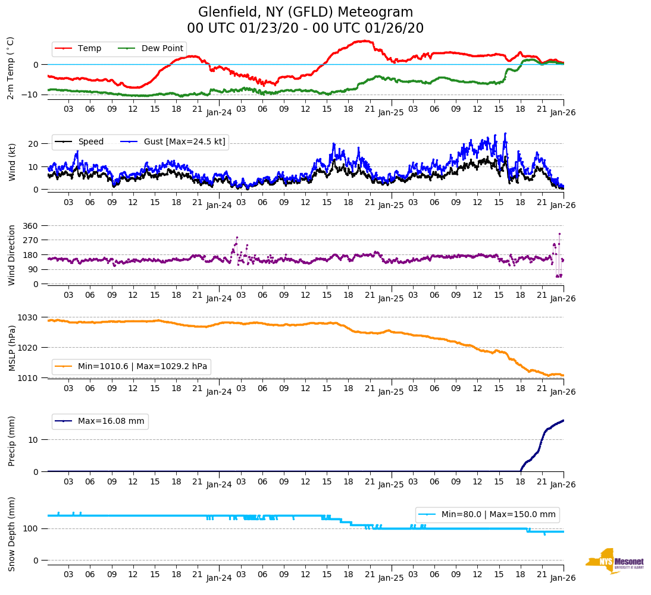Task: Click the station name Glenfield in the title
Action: (224, 12)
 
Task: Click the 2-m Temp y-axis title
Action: (10, 68)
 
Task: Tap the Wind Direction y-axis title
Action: (11, 254)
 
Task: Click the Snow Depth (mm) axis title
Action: (11, 534)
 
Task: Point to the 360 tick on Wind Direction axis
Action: (31, 226)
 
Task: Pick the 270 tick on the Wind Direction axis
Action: (31, 240)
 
